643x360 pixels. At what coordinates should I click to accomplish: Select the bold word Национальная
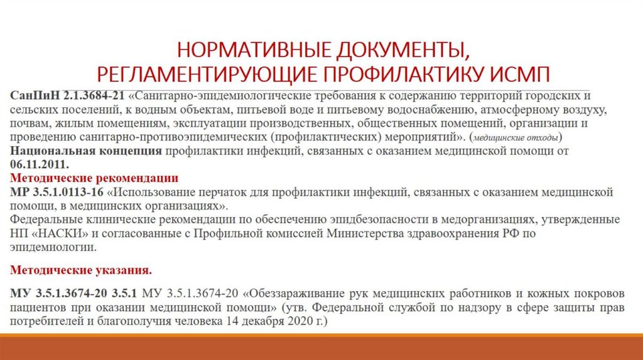click(55, 151)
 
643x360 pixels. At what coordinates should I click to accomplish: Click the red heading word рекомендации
click(135, 177)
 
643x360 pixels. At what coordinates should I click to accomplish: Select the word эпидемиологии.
click(53, 246)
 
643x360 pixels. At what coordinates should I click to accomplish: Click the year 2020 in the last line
click(289, 320)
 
